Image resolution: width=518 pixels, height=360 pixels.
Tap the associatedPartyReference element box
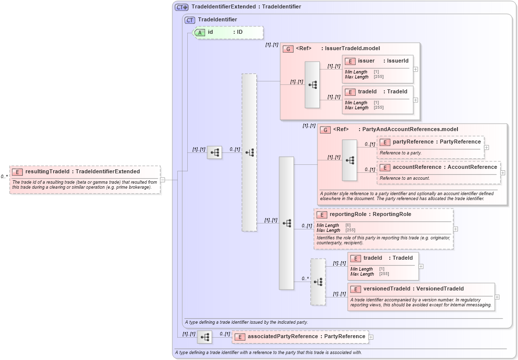tap(300, 337)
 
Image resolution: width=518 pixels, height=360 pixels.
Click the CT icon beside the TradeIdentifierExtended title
tap(181, 7)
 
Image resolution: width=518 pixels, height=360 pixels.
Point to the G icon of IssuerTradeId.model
tap(288, 49)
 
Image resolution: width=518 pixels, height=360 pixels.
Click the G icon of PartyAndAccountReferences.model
tap(325, 130)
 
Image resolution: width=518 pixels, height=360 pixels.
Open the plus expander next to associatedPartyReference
tap(371, 337)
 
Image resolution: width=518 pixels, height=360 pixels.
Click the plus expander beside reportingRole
tap(455, 229)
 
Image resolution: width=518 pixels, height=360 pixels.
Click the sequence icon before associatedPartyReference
tap(204, 337)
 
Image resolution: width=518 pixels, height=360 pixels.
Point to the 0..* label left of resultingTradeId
tap(4, 176)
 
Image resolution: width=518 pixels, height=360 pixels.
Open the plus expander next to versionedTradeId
tap(497, 297)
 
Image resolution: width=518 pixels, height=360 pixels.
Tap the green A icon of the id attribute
tap(199, 32)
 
